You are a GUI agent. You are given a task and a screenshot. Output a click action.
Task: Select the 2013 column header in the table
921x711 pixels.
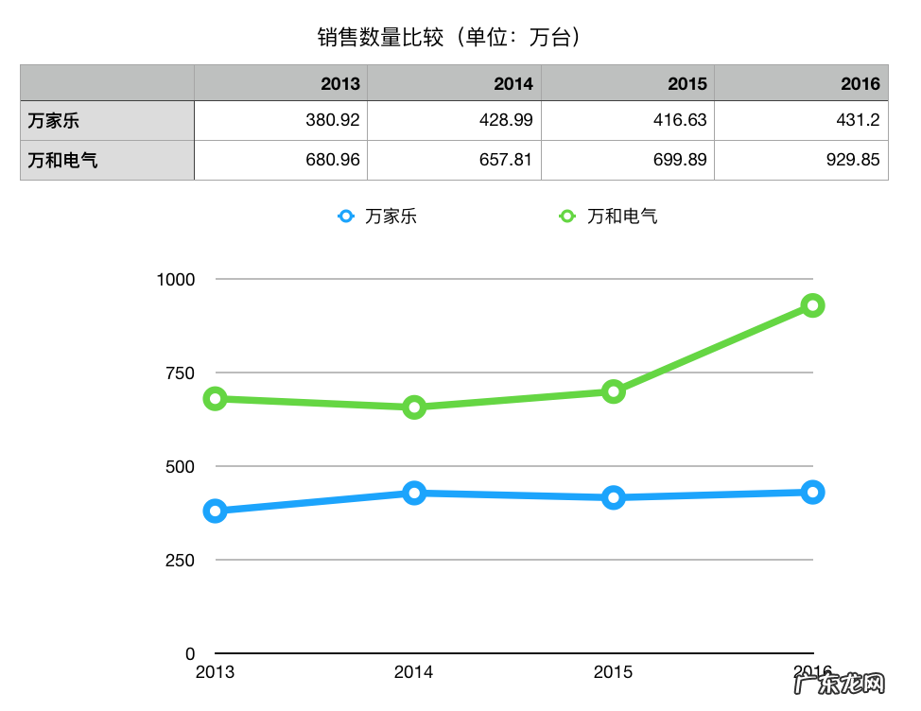coord(340,83)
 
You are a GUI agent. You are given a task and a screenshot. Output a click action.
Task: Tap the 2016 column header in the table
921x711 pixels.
coord(860,83)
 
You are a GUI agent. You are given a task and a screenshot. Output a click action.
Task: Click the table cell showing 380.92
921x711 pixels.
coord(333,121)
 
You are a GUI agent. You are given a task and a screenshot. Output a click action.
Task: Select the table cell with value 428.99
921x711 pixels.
coord(506,121)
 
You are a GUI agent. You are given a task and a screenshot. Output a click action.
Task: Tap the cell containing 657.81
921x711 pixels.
coord(506,160)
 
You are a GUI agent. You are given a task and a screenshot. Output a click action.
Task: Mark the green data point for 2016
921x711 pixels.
coord(812,305)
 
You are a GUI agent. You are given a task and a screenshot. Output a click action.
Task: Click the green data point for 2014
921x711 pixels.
coord(414,408)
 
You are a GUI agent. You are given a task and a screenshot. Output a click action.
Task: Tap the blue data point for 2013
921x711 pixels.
coord(216,512)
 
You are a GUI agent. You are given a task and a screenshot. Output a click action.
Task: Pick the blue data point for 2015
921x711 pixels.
coord(614,497)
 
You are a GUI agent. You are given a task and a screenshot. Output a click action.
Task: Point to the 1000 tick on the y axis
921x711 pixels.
coord(177,279)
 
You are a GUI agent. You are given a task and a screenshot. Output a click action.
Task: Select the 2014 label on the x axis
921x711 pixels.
coord(413,672)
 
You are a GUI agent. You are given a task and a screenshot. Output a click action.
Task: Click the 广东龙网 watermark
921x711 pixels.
coord(841,685)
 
